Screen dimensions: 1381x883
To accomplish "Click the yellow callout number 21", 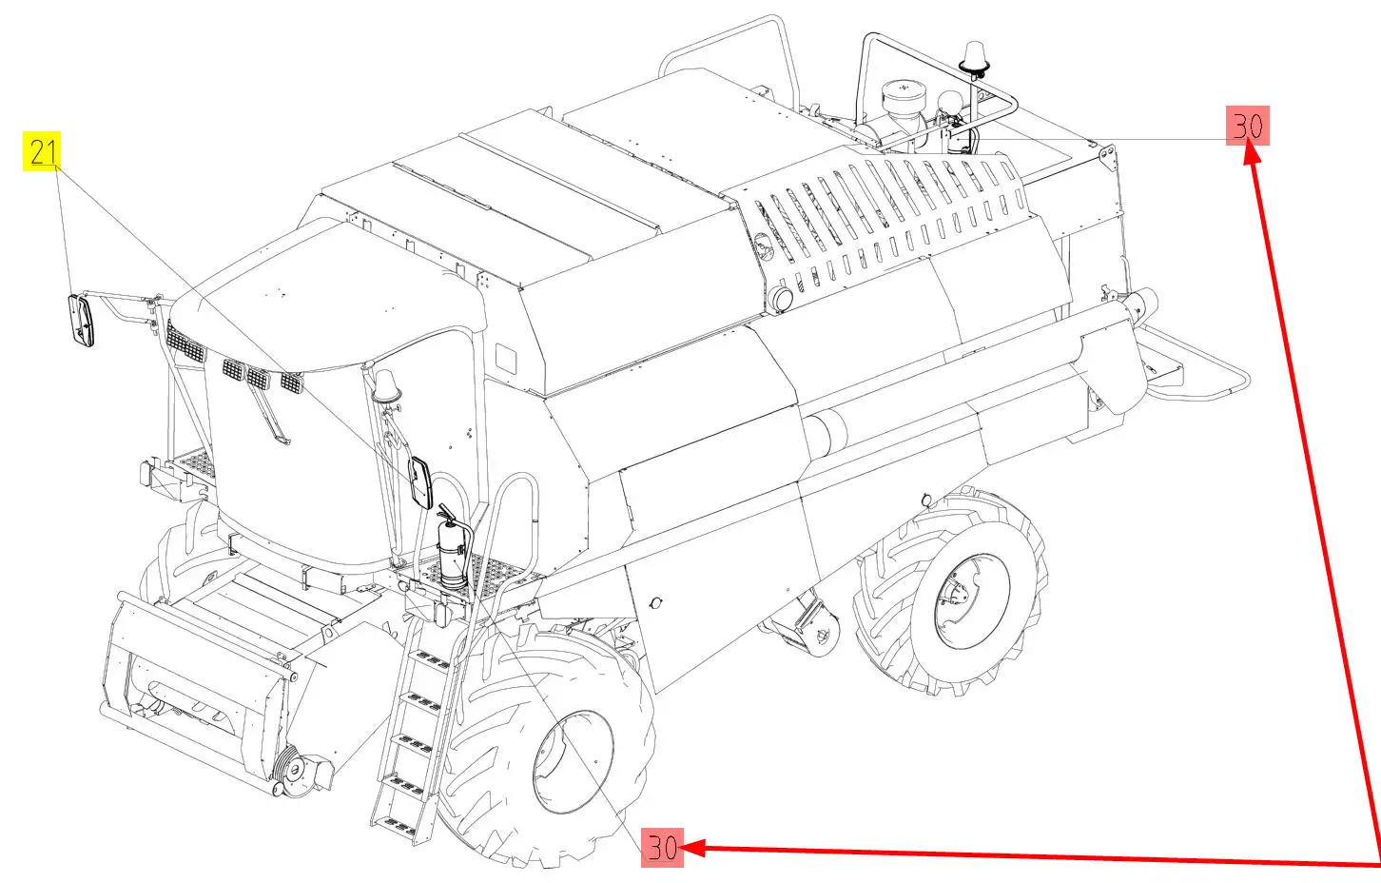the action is pyautogui.click(x=42, y=151).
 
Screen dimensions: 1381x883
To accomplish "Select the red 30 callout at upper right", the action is pyautogui.click(x=1247, y=126).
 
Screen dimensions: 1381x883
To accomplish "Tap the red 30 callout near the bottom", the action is pyautogui.click(x=662, y=847).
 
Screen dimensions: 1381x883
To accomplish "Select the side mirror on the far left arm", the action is pyautogui.click(x=81, y=321).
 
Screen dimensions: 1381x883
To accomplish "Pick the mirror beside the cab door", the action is pyautogui.click(x=421, y=482).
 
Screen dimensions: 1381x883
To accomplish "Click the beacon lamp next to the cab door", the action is pyautogui.click(x=387, y=385).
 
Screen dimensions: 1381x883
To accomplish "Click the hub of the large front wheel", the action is pyautogui.click(x=573, y=762).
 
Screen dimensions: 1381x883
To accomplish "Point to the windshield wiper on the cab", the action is pyautogui.click(x=266, y=408).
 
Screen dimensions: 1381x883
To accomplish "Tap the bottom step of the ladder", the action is pyautogui.click(x=394, y=823).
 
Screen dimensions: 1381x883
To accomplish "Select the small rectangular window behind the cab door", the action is pyautogui.click(x=506, y=359).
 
